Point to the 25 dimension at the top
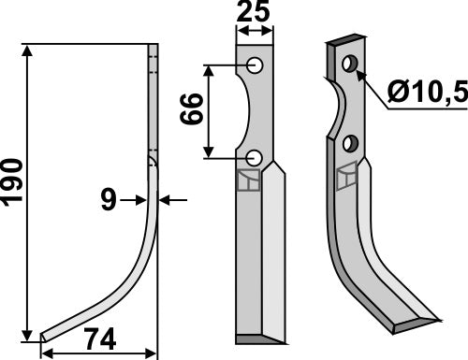point(255,14)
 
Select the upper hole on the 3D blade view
point(349,64)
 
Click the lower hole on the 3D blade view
point(350,143)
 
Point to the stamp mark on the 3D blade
point(346,174)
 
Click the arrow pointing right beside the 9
point(135,199)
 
